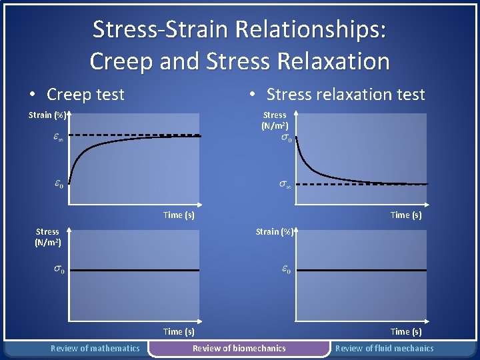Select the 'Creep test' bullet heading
(85, 95)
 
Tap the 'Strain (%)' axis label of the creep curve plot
(47, 115)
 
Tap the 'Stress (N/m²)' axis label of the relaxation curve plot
(275, 120)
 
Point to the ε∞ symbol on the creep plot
(58, 139)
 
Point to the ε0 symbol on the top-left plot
(59, 184)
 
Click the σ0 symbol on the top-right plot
(285, 138)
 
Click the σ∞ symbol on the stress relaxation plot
(285, 185)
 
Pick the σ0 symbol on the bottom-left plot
(59, 269)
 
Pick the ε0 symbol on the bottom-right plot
(285, 269)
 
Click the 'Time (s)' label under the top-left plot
(179, 215)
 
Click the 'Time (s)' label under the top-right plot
(406, 215)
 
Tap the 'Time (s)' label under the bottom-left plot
(179, 331)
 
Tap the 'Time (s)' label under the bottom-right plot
(406, 331)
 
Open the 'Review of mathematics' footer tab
(95, 348)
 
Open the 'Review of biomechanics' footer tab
(239, 348)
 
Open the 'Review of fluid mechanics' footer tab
(384, 348)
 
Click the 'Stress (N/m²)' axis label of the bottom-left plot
(47, 237)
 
